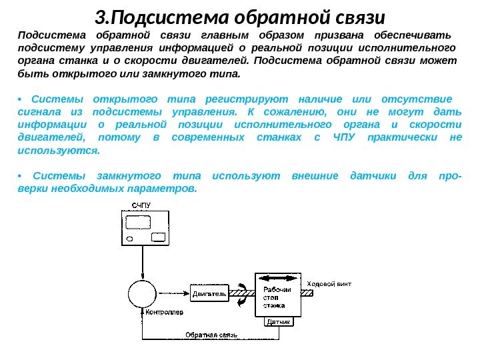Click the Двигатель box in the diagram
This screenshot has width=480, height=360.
[x=209, y=292]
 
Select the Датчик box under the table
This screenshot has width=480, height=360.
[x=279, y=322]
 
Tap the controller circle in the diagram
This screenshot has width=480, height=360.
[x=141, y=293]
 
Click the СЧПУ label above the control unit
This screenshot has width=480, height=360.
[x=141, y=205]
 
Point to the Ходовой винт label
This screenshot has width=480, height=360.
[x=329, y=283]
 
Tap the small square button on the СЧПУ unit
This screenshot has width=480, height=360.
[x=158, y=238]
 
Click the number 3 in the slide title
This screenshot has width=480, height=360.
[x=100, y=15]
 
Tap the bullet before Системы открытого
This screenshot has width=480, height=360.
[x=21, y=97]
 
